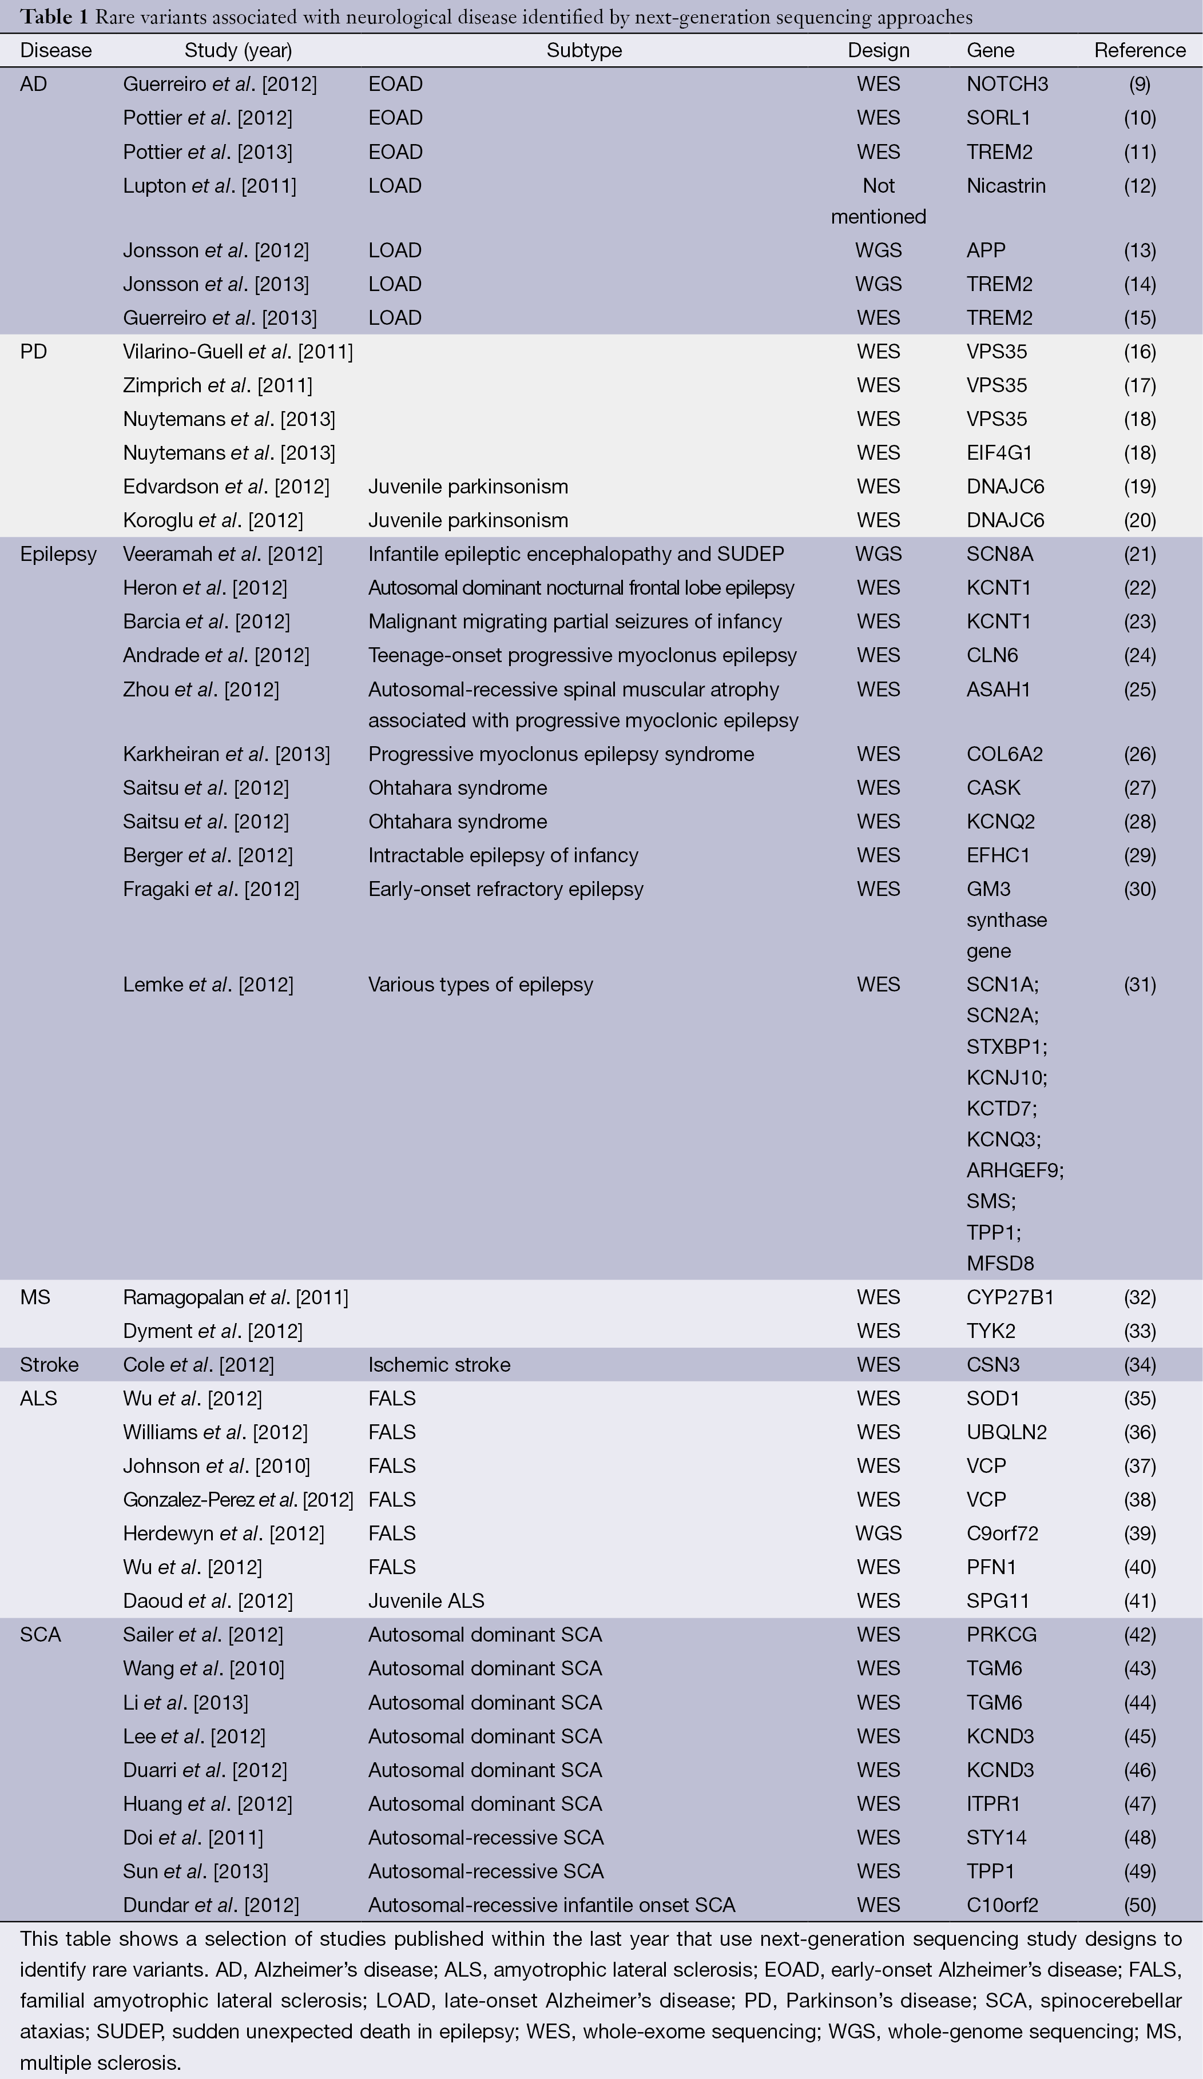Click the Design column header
(878, 50)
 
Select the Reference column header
(1140, 50)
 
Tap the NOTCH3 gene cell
(1007, 84)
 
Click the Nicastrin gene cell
(1006, 186)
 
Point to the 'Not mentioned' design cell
(878, 201)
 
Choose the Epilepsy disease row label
(58, 555)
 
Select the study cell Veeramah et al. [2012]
(223, 555)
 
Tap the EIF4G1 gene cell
(999, 453)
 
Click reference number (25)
(1140, 690)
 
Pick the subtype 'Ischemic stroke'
(439, 1364)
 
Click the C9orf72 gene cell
(1002, 1534)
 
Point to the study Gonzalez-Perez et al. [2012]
(237, 1500)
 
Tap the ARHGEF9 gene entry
(1015, 1170)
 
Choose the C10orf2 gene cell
(1002, 1905)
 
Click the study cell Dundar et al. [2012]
(211, 1905)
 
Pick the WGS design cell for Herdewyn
(878, 1534)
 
